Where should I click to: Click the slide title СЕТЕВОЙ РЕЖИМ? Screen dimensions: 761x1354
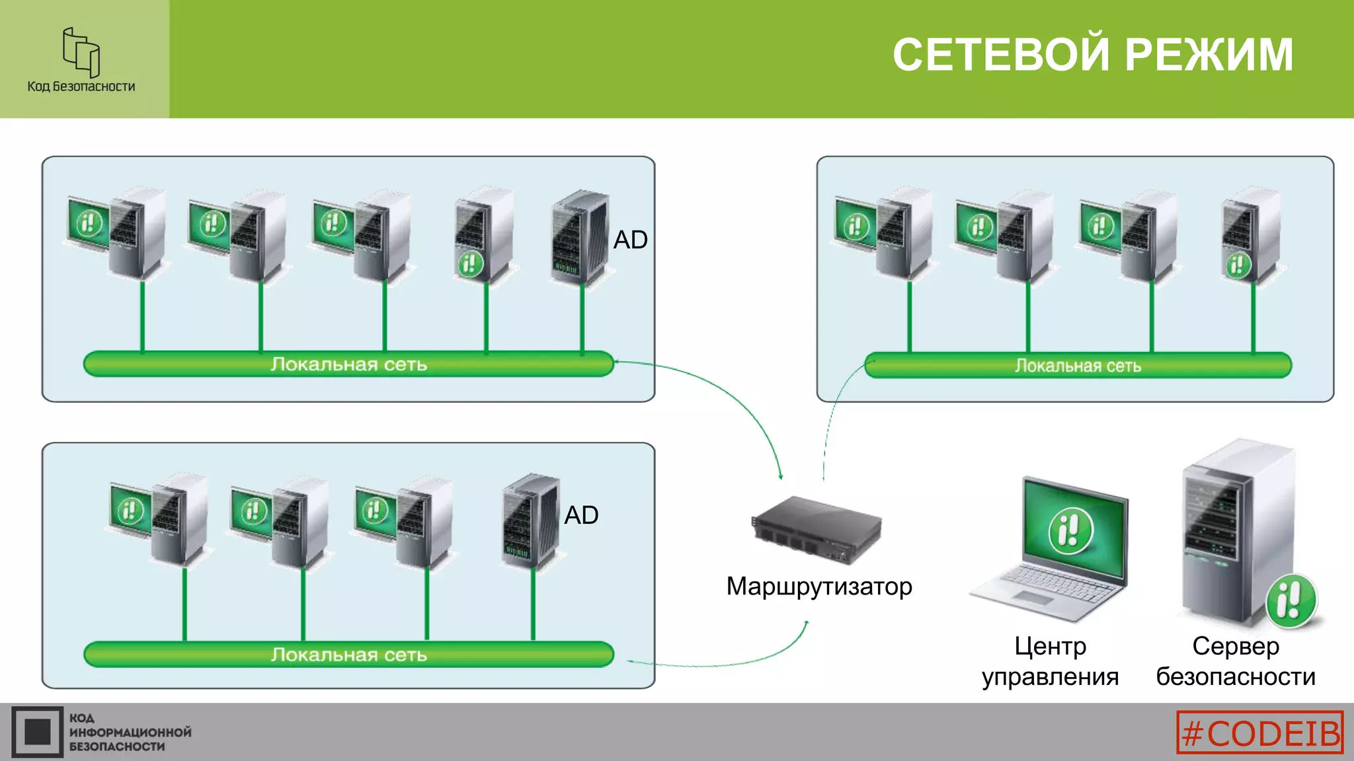point(1092,54)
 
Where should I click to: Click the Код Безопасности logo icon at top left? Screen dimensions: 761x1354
point(81,52)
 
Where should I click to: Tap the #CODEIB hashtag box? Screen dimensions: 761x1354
point(1259,732)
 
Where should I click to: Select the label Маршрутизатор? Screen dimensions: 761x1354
point(818,587)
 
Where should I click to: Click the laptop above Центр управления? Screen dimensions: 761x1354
point(1058,548)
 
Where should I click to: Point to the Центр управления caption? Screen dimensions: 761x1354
point(1050,661)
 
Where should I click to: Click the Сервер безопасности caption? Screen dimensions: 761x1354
point(1235,661)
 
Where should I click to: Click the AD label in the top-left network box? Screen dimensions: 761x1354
point(630,240)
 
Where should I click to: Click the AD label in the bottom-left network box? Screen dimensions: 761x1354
point(580,515)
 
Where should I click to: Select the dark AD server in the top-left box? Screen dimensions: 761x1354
point(579,238)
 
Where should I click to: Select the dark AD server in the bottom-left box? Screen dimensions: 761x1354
point(530,521)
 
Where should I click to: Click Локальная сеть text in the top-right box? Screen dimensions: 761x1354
point(1078,366)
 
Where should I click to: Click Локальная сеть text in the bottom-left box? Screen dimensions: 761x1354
point(348,655)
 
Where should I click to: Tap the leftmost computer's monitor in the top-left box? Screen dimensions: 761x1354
point(89,223)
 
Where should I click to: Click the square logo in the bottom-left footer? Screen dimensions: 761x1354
point(37,732)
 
